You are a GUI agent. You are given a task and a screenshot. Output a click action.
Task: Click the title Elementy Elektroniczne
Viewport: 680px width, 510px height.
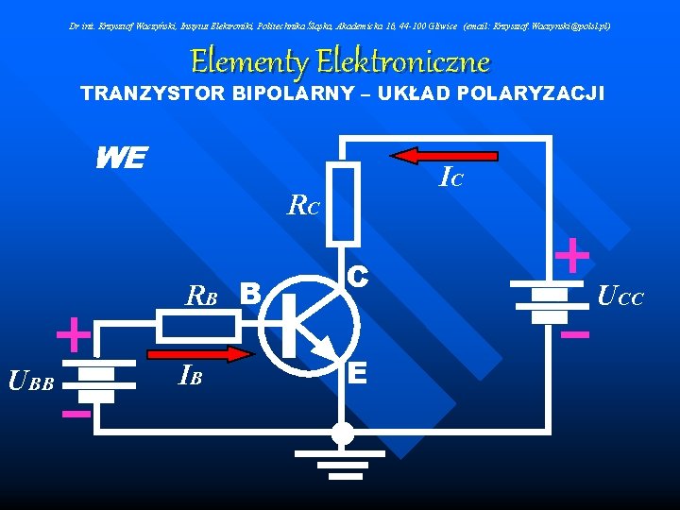tap(340, 62)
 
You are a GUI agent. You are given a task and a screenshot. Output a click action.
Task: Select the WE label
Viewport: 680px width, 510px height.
tap(120, 158)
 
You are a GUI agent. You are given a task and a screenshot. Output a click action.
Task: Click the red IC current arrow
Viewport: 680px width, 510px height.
tap(445, 156)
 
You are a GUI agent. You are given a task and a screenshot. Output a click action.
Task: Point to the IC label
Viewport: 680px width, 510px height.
tap(451, 177)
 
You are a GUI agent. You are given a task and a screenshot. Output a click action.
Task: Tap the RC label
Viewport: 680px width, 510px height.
tap(304, 204)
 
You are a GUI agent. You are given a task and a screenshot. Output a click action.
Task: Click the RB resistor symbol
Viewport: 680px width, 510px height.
tap(196, 327)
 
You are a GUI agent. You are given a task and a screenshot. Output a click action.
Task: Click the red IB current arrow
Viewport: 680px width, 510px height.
tap(200, 354)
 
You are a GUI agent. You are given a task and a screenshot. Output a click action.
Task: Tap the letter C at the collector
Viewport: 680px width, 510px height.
tap(357, 276)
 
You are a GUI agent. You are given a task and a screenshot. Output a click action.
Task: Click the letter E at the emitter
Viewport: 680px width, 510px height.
tap(357, 374)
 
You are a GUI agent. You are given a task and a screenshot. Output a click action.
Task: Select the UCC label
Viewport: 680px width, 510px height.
tap(620, 298)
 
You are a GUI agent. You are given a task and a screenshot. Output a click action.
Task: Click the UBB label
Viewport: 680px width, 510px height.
tap(31, 382)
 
